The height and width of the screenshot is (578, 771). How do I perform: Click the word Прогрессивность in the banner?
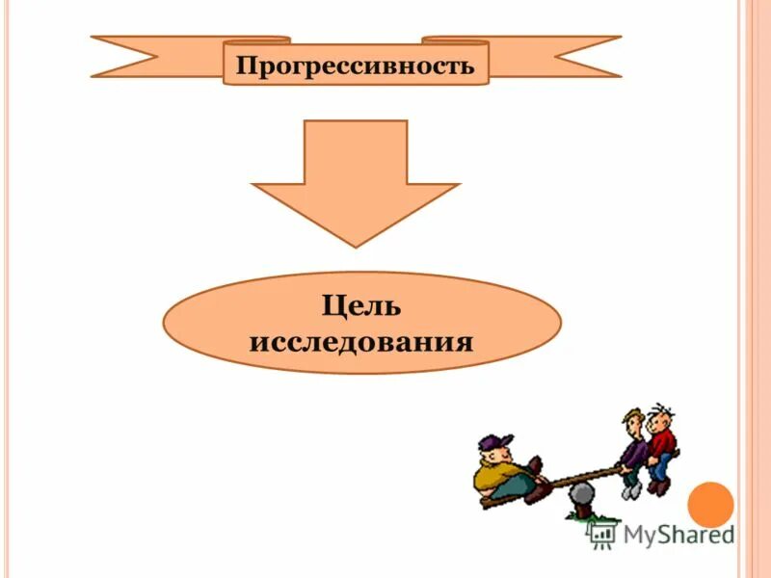[356, 66]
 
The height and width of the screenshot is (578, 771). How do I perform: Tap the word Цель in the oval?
[360, 307]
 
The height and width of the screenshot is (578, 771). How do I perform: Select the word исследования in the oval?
[360, 341]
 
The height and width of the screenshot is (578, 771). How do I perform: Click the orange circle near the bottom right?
[711, 505]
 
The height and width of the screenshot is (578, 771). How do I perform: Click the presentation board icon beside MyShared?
[603, 533]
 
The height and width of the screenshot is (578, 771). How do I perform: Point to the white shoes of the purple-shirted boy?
[630, 490]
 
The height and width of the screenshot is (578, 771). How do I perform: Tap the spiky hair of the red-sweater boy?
[662, 411]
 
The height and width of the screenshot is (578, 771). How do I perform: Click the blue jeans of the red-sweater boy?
[660, 469]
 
